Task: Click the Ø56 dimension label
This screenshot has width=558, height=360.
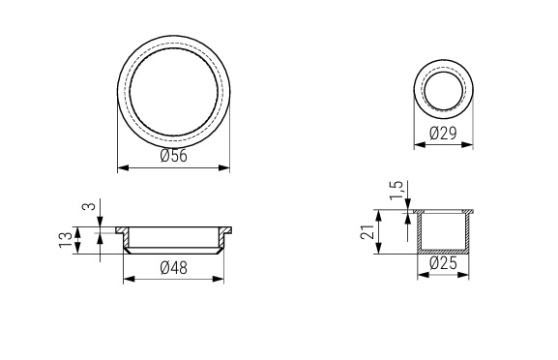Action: click(x=173, y=156)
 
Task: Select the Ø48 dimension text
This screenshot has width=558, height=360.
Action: click(x=173, y=268)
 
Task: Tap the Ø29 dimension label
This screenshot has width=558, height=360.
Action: click(x=443, y=134)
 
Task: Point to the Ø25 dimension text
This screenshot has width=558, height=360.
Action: click(x=443, y=263)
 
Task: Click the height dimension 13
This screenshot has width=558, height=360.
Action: click(x=66, y=240)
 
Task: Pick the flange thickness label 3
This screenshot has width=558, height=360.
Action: click(x=89, y=206)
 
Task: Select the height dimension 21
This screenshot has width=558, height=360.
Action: click(x=367, y=232)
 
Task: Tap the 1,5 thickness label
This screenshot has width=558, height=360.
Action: click(x=396, y=191)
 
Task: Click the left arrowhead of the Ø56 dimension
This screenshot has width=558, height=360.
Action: click(x=123, y=167)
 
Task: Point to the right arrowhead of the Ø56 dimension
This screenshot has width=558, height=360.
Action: click(x=223, y=167)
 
